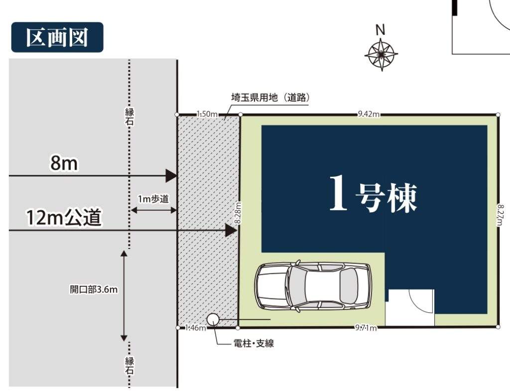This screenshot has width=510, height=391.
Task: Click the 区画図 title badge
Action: tap(57, 37)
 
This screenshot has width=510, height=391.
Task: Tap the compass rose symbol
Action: tap(381, 54)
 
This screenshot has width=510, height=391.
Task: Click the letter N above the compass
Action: tap(380, 30)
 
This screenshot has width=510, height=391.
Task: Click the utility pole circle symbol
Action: tap(213, 319)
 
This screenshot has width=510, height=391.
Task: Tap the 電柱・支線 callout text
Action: tap(254, 343)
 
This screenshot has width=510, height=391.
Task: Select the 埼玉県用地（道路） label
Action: tap(270, 97)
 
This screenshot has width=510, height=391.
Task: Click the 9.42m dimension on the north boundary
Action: tap(369, 114)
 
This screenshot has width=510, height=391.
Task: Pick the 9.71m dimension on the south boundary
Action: tap(366, 328)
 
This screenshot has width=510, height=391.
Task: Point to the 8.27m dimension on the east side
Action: tap(501, 215)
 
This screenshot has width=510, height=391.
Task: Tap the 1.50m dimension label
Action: tap(207, 114)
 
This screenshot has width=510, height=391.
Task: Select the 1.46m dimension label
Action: tap(195, 328)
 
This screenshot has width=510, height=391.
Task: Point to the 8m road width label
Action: tap(64, 163)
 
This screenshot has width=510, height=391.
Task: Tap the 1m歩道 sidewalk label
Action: tap(153, 199)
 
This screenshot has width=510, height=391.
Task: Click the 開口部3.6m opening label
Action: tap(94, 289)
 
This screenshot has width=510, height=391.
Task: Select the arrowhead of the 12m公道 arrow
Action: tap(231, 231)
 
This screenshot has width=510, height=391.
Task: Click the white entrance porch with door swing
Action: tap(410, 307)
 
